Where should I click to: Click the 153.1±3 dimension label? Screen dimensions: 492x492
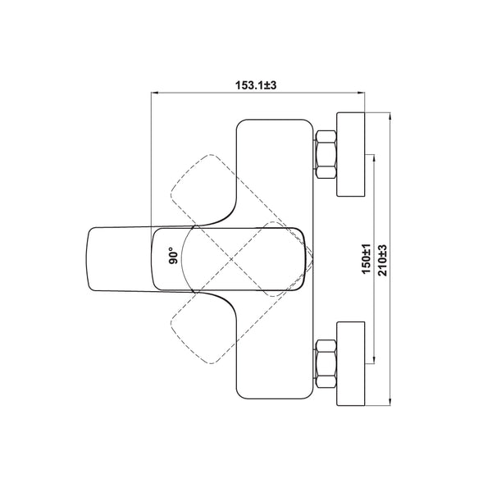point(256,85)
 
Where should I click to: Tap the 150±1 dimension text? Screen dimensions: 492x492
point(367,259)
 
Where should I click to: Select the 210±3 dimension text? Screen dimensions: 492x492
point(382,260)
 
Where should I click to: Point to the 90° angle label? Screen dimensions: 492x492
point(173,255)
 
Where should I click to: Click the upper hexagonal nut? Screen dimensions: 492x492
point(326,154)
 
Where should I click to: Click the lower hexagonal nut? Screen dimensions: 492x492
point(326,363)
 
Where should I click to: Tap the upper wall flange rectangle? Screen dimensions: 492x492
point(351,154)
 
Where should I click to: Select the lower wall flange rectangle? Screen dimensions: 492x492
point(351,363)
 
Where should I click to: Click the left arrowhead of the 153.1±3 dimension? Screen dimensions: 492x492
point(154,93)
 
